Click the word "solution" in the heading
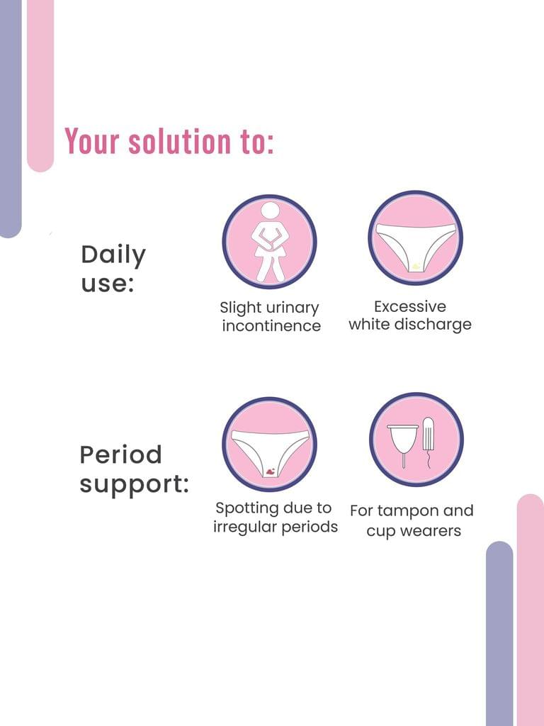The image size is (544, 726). (179, 141)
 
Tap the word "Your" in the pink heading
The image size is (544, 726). (92, 141)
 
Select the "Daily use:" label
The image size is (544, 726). (113, 269)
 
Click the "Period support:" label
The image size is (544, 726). (134, 469)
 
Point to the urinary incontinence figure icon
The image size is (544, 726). (269, 242)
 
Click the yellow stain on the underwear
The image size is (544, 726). (416, 266)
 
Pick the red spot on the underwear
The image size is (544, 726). (269, 471)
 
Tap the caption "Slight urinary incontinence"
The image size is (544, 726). (271, 317)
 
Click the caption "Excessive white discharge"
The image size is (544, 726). (410, 315)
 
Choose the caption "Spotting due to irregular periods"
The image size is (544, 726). (276, 518)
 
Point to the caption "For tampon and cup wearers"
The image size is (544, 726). (412, 520)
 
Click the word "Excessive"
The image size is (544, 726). (410, 306)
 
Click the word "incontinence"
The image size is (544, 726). (271, 325)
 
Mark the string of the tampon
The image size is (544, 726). (429, 459)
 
